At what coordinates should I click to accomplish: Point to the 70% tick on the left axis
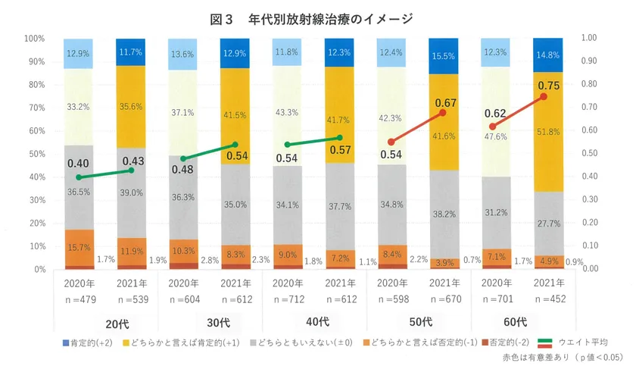click(x=35, y=108)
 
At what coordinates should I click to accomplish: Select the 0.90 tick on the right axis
click(x=591, y=61)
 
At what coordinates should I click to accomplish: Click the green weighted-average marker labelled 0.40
click(x=79, y=177)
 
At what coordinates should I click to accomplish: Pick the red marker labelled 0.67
click(x=443, y=113)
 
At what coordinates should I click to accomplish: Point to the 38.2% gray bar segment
click(x=444, y=214)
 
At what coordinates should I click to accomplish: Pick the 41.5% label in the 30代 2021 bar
click(x=235, y=115)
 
